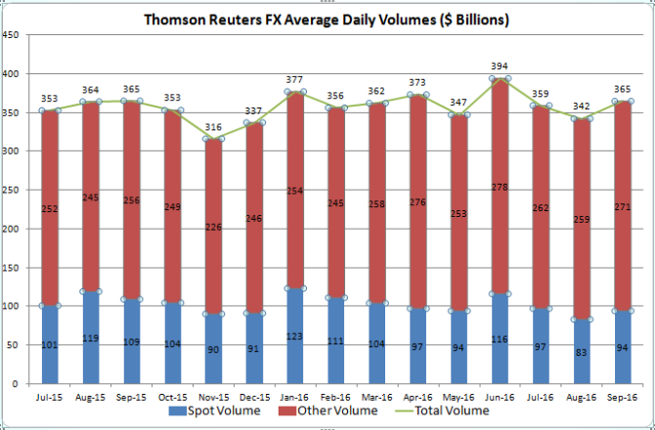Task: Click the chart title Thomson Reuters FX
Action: pos(327,19)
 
